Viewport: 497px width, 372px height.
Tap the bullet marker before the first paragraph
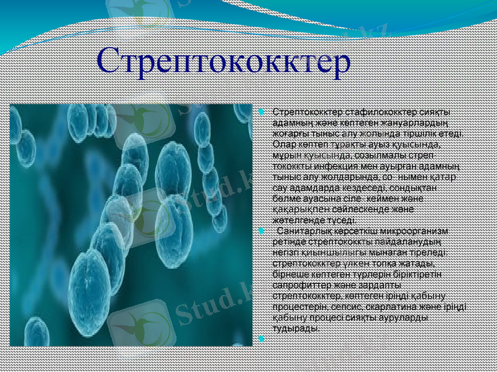(x=262, y=112)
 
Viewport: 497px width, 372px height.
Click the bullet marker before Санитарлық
(x=262, y=231)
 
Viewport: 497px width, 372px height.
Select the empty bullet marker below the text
(x=262, y=339)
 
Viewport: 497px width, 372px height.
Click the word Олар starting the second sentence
(x=284, y=144)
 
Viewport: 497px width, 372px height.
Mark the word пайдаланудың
(x=411, y=241)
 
